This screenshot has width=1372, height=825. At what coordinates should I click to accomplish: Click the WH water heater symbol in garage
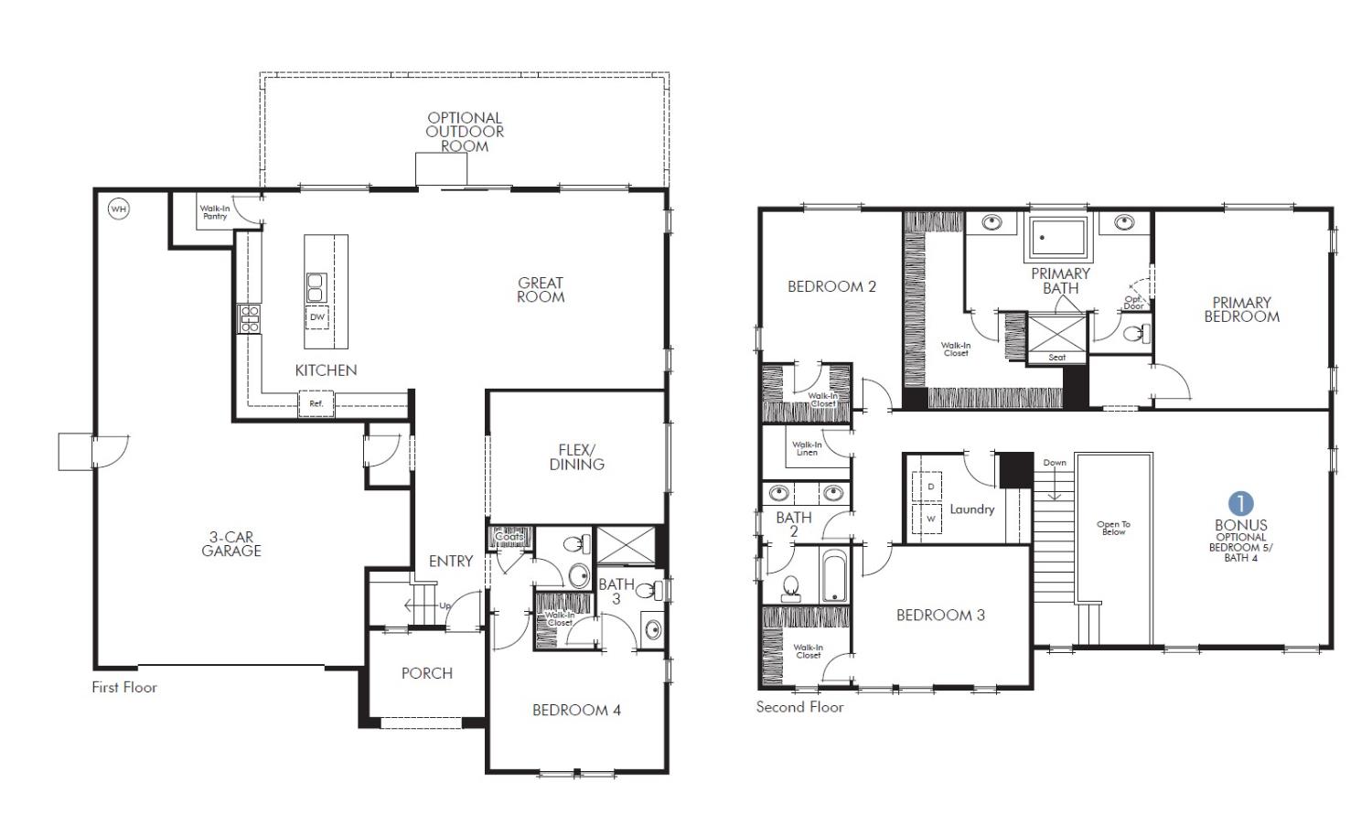(118, 209)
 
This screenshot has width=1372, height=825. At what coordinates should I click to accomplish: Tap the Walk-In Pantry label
(215, 212)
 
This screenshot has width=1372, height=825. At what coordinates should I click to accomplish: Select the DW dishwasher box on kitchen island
(317, 317)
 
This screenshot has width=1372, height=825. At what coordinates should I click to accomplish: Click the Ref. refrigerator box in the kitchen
(316, 403)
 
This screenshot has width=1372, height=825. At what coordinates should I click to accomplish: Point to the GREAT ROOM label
(541, 290)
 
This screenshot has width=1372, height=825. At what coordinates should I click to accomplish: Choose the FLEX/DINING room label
(576, 457)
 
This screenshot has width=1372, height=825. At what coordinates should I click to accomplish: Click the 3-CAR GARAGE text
(231, 544)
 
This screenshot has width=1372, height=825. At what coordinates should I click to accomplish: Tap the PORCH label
(427, 673)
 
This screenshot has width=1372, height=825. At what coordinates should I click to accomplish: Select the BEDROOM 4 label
(576, 710)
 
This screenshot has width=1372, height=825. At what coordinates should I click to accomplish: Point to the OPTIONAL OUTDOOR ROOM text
(465, 132)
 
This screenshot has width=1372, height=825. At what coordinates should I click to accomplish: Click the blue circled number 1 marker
(1241, 503)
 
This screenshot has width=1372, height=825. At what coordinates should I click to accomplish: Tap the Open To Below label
(1113, 528)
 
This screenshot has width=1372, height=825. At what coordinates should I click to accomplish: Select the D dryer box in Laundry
(931, 487)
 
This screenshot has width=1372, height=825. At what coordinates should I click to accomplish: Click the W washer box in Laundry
(931, 519)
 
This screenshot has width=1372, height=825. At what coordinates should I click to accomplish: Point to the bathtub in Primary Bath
(1059, 238)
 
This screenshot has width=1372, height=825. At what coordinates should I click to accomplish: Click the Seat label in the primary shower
(1057, 358)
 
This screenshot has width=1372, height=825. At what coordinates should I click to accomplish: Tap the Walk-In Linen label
(807, 448)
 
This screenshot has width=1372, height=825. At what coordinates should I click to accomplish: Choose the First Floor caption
(124, 688)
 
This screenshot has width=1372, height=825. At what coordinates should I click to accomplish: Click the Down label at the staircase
(1055, 463)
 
